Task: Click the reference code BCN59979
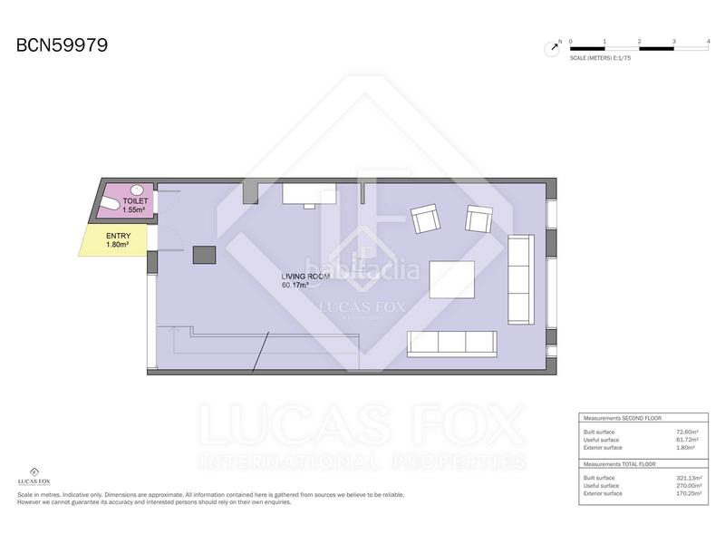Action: (63, 44)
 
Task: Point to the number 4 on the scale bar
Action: (707, 41)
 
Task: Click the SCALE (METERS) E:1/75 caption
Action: (601, 57)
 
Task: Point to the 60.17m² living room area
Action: (295, 285)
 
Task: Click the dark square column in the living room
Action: (203, 255)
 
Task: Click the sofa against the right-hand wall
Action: (521, 278)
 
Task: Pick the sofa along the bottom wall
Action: (452, 342)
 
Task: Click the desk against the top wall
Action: (310, 194)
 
